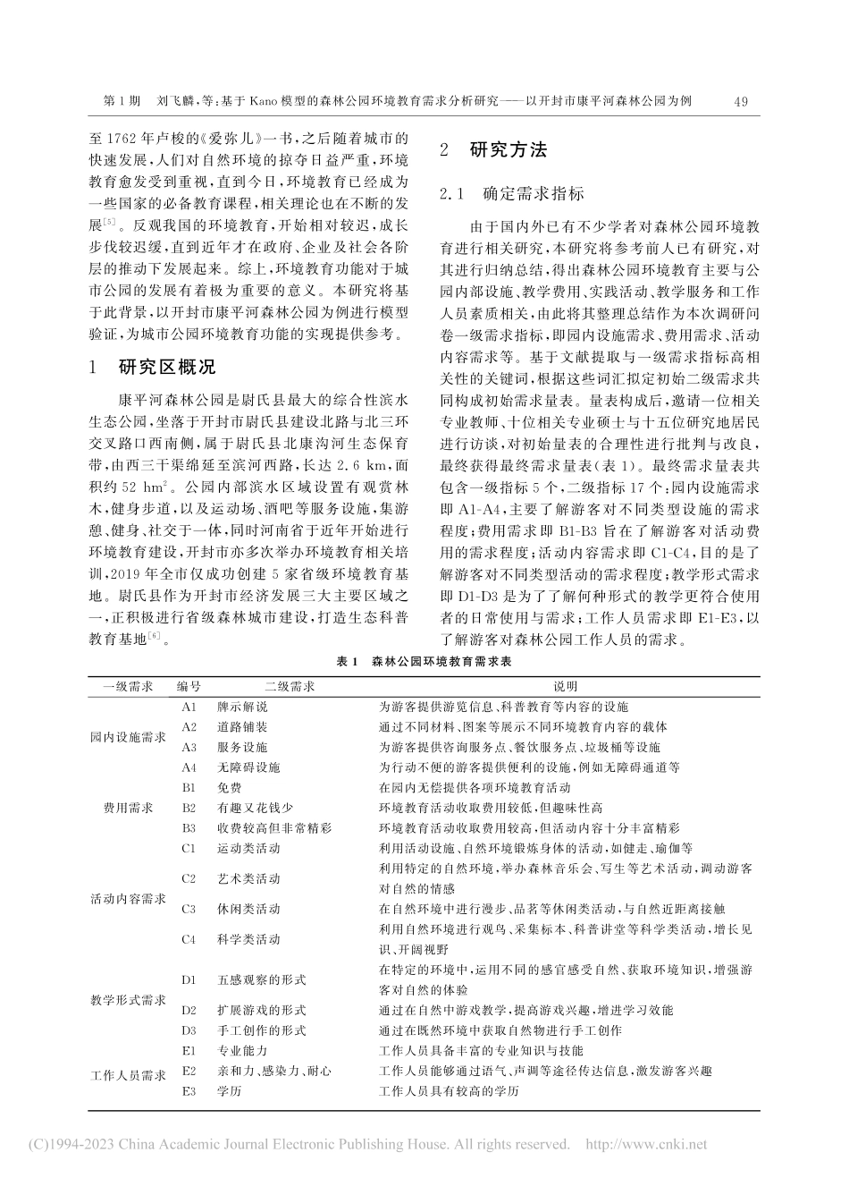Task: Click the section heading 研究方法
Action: [508, 150]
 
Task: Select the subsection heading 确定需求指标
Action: [534, 194]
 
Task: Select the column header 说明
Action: [565, 686]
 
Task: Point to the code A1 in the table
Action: [189, 707]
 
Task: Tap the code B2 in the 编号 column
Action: [189, 808]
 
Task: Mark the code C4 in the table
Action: [189, 939]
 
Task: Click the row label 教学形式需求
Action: [128, 1000]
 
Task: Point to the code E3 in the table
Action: [189, 1091]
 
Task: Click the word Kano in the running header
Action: [266, 102]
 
